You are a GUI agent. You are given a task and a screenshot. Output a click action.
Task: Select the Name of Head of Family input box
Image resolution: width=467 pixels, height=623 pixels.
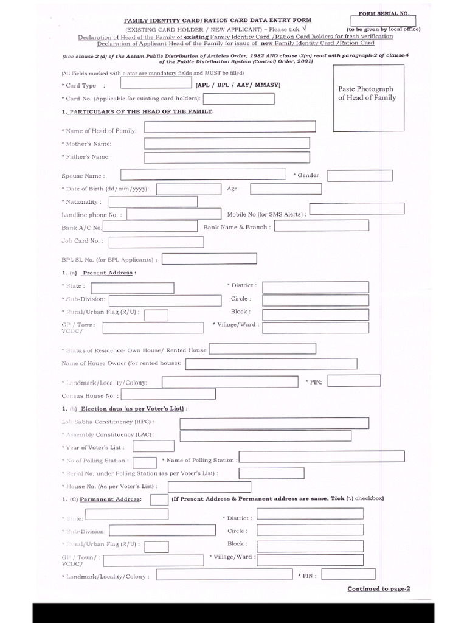pyautogui.click(x=230, y=127)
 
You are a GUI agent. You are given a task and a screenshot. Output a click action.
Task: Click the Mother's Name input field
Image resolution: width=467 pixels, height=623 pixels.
pyautogui.click(x=230, y=143)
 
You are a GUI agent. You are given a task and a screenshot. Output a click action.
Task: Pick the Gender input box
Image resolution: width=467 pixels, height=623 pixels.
pyautogui.click(x=348, y=175)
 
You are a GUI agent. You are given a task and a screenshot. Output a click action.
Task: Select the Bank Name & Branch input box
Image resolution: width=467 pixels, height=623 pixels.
pyautogui.click(x=322, y=226)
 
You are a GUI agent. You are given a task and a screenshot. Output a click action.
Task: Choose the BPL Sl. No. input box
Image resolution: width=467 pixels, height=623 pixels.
pyautogui.click(x=203, y=259)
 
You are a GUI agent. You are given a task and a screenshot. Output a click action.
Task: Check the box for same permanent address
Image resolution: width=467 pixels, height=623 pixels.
pyautogui.click(x=159, y=499)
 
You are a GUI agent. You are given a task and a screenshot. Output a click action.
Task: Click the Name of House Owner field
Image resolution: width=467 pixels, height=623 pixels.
pyautogui.click(x=271, y=363)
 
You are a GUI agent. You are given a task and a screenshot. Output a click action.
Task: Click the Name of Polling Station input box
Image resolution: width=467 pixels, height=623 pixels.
pyautogui.click(x=322, y=456)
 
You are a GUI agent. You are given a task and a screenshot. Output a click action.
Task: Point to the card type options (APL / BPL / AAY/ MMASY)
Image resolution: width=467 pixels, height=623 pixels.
pyautogui.click(x=237, y=85)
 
